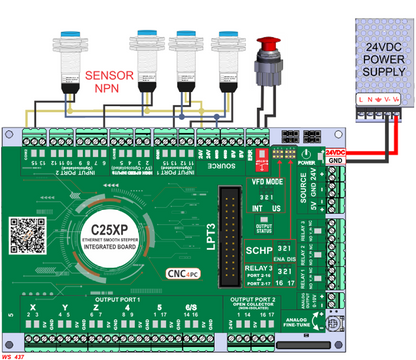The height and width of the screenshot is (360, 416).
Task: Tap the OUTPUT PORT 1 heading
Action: click(120, 297)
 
